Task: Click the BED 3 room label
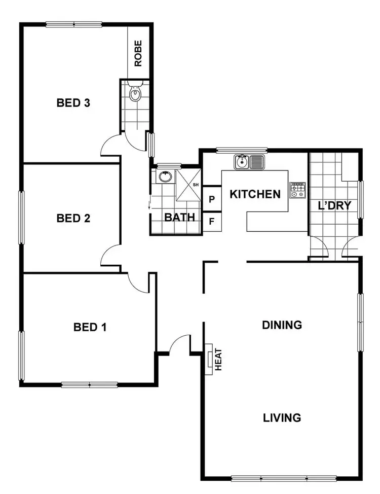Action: (x=73, y=103)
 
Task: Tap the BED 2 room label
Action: (x=73, y=219)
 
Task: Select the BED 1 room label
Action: (x=90, y=327)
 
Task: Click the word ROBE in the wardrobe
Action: (x=138, y=54)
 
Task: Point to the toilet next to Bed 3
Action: (x=135, y=93)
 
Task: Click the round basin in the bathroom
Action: (x=165, y=177)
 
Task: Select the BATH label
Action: (x=179, y=218)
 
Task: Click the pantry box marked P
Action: (x=212, y=199)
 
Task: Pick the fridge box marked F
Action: (x=212, y=221)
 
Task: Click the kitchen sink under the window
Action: (x=250, y=162)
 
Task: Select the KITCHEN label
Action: (x=255, y=194)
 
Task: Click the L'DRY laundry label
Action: (x=334, y=206)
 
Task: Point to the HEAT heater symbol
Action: (x=209, y=359)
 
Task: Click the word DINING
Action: (x=282, y=325)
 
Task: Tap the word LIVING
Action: (x=282, y=418)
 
